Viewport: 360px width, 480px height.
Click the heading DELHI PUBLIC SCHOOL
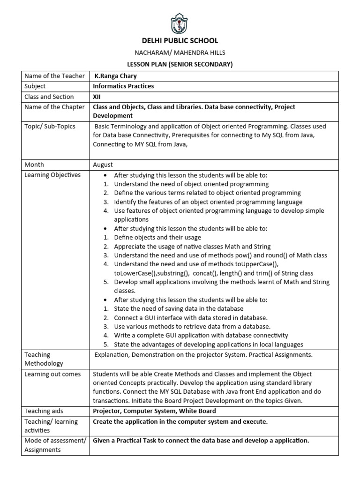point(180,41)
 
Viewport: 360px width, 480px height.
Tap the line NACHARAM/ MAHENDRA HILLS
point(180,53)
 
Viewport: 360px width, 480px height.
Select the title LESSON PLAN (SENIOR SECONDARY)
point(180,64)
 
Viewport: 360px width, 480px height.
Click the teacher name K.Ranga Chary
point(116,76)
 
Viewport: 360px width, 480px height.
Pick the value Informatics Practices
point(123,86)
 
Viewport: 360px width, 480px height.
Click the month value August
point(103,165)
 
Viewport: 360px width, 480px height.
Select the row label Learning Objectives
point(52,175)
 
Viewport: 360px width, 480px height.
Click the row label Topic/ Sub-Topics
point(50,126)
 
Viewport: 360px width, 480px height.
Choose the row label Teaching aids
point(44,411)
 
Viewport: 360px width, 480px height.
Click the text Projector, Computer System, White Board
point(154,411)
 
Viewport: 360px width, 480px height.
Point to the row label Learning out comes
point(52,374)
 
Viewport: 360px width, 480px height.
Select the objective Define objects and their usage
point(157,238)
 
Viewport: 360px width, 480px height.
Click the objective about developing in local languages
point(209,345)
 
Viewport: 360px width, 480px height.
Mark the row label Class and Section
point(49,97)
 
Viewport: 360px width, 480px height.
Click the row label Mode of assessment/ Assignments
point(55,445)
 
